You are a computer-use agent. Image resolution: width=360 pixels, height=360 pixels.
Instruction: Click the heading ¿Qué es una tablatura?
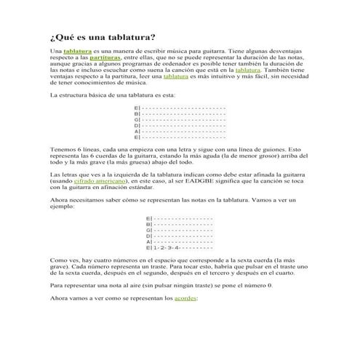pos(102,37)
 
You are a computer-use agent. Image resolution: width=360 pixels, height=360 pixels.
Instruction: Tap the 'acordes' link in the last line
pos(186,298)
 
